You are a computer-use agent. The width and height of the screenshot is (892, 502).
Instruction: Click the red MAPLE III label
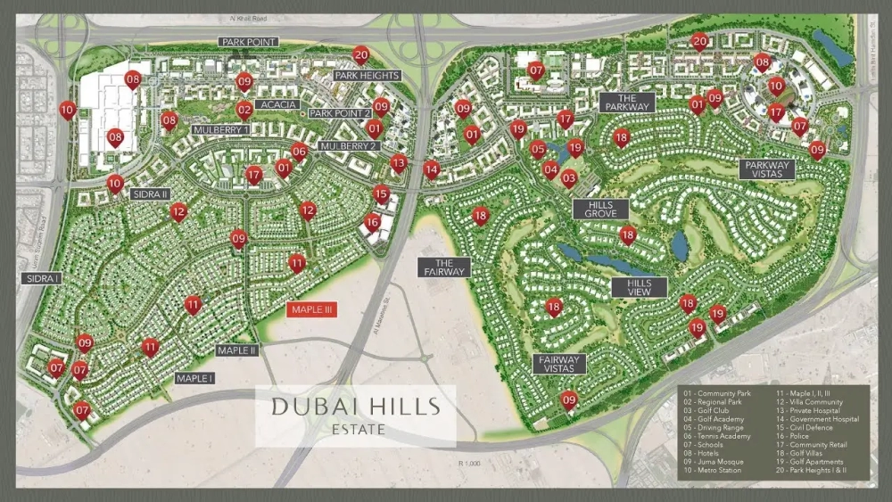(310, 309)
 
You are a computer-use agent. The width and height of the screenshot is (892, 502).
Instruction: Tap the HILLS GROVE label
(601, 210)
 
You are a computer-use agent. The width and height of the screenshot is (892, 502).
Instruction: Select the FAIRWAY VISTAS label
(559, 364)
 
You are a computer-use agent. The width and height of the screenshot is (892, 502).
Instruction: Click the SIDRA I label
(41, 278)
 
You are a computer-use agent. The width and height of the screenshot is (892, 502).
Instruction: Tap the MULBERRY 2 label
(349, 145)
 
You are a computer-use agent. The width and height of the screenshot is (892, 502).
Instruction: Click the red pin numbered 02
(244, 110)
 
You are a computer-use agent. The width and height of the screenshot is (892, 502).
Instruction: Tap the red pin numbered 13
(399, 161)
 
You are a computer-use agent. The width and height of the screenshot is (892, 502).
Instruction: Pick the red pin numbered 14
(432, 168)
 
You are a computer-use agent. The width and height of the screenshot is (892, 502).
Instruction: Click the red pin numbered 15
(381, 193)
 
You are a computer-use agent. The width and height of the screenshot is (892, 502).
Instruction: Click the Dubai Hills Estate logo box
(356, 416)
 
